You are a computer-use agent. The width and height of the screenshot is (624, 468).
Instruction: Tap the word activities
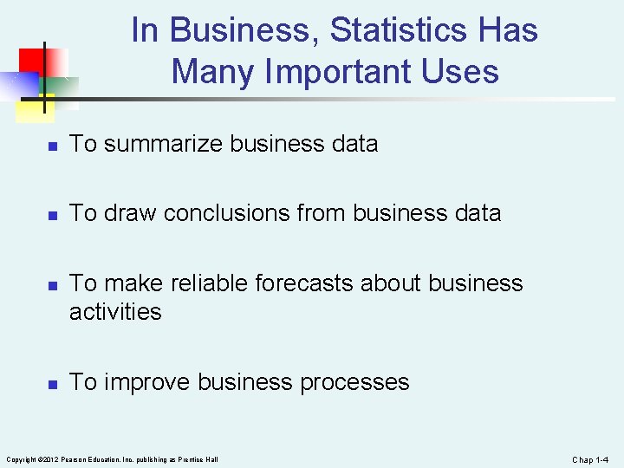[x=115, y=311]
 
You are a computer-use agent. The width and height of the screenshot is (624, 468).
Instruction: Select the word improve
[x=147, y=382]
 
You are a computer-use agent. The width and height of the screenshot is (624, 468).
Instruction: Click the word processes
[x=354, y=382]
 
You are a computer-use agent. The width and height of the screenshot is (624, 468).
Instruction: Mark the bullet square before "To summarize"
[x=52, y=146]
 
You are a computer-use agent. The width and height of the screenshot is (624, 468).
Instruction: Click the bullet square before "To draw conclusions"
[x=52, y=215]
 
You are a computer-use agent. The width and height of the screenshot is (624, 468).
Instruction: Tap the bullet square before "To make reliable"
[x=52, y=285]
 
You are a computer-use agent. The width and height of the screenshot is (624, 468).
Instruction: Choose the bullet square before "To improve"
[x=52, y=384]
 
